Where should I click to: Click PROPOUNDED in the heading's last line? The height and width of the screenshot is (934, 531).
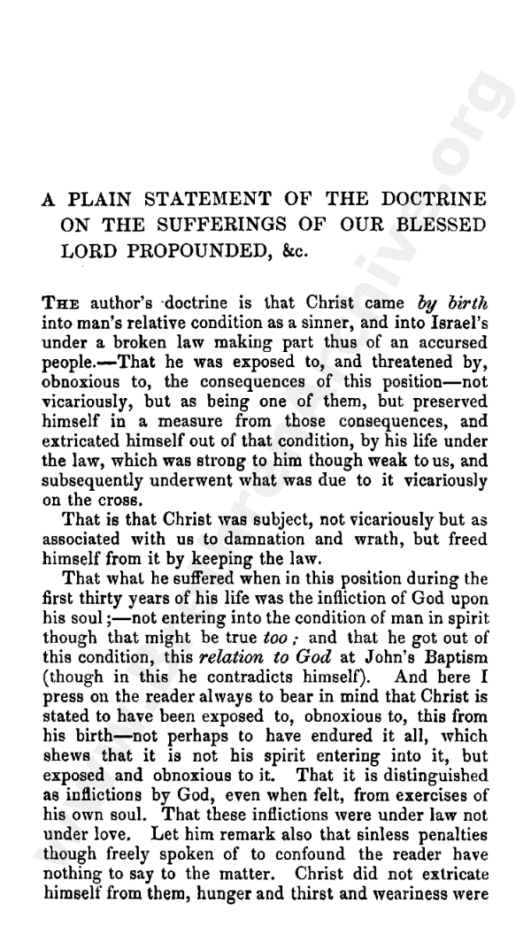click(x=208, y=251)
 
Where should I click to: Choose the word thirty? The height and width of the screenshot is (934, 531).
click(x=90, y=562)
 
